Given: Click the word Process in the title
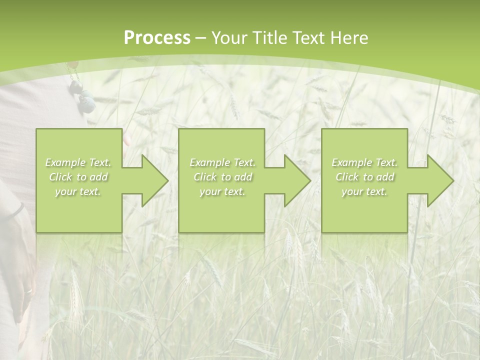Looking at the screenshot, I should tap(157, 38).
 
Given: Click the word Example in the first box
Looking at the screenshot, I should tap(65, 162).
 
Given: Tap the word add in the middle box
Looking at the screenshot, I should tap(242, 177).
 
